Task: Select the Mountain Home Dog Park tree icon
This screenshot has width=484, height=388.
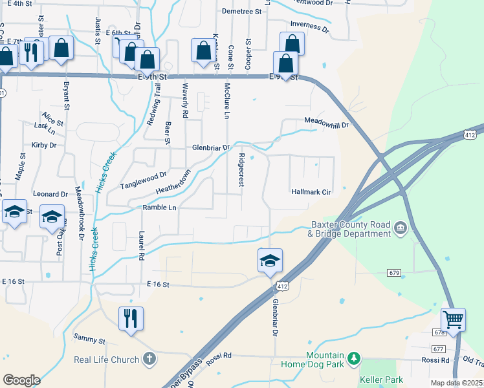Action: tap(353, 358)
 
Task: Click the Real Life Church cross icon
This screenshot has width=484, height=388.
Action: tap(149, 359)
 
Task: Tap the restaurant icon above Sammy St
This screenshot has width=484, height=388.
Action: tap(131, 318)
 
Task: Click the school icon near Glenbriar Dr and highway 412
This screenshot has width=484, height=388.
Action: tap(270, 261)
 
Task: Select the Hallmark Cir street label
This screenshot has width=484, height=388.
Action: tap(311, 192)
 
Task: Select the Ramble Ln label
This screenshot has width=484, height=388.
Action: tap(159, 208)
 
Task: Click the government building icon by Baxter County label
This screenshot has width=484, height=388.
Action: tap(400, 227)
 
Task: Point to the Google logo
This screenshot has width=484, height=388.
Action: tap(21, 380)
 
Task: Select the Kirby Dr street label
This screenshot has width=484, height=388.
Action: tap(45, 145)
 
